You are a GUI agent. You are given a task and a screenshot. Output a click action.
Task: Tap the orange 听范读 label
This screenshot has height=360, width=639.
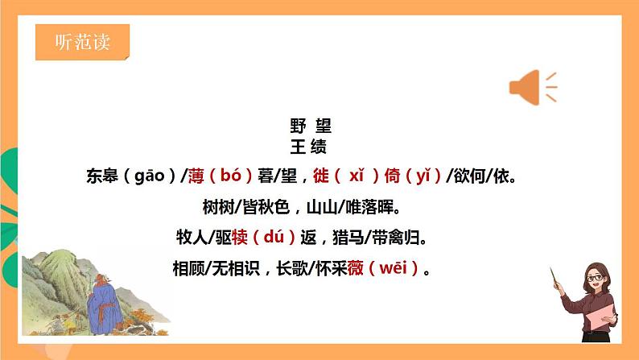pos(82,43)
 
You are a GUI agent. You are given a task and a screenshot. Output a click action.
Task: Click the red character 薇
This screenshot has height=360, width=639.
pos(356,269)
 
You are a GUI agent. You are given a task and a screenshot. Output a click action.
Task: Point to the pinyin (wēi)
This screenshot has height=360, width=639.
pos(392,269)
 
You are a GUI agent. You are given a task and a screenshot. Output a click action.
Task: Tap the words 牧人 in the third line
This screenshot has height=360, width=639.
pos(190,238)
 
